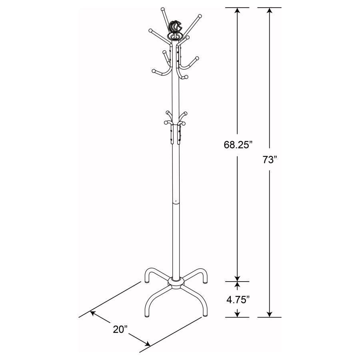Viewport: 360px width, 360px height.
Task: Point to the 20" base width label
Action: pyautogui.click(x=120, y=329)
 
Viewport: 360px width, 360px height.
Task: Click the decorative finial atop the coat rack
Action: pyautogui.click(x=175, y=29)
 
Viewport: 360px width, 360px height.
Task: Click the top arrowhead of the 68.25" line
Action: pyautogui.click(x=238, y=11)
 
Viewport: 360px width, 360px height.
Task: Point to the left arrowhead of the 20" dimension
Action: pyautogui.click(x=93, y=314)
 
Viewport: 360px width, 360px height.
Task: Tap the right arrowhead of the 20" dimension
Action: pyautogui.click(x=148, y=344)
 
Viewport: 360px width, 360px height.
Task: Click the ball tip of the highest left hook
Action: pyautogui.click(x=162, y=9)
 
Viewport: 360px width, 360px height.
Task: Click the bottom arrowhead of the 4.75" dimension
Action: pyautogui.click(x=238, y=314)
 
